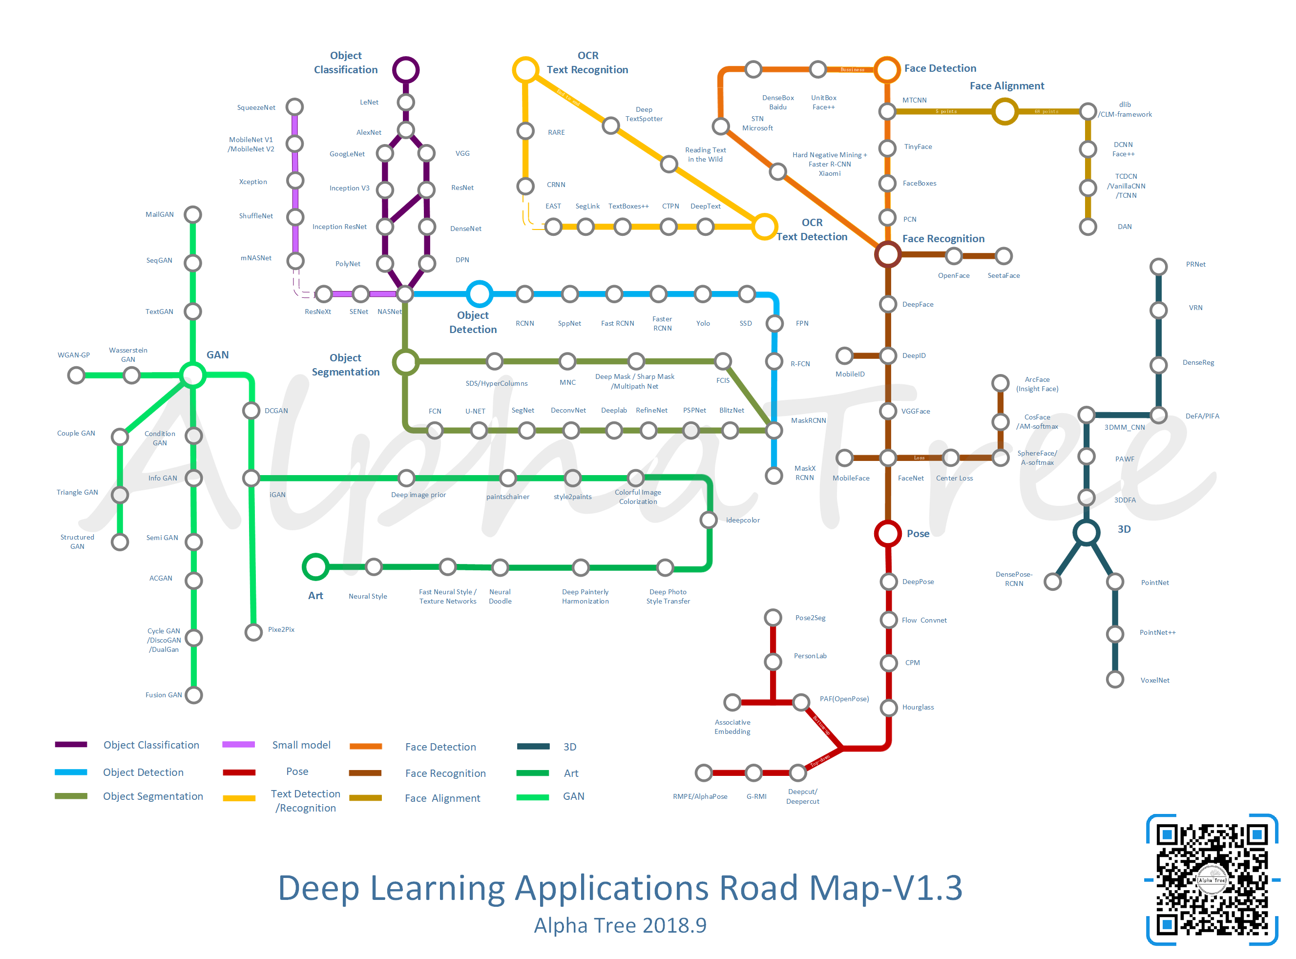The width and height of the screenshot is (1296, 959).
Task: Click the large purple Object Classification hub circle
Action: point(406,70)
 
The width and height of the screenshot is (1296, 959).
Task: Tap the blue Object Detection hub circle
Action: point(480,294)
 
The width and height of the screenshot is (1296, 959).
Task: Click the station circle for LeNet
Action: point(406,102)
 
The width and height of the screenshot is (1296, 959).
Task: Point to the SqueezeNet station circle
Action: point(295,107)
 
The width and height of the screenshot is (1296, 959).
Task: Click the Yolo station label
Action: point(703,323)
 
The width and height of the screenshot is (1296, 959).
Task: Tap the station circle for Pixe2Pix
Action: point(253,631)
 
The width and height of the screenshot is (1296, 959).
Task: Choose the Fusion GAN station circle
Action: point(193,695)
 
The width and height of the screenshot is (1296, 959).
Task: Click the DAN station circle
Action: point(1087,227)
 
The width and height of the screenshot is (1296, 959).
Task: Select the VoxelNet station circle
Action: point(1115,679)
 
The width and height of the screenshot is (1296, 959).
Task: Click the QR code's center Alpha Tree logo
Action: point(1212,880)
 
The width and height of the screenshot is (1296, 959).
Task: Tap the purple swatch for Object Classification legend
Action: point(71,745)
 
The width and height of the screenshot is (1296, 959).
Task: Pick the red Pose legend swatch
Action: point(239,772)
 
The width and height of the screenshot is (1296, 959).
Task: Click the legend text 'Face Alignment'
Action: point(442,798)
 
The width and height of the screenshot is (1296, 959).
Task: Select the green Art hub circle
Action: point(315,566)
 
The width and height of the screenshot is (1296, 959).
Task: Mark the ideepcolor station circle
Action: point(708,520)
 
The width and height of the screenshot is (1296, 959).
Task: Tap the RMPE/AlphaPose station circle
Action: point(704,772)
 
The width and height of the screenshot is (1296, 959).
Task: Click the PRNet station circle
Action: point(1158,267)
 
